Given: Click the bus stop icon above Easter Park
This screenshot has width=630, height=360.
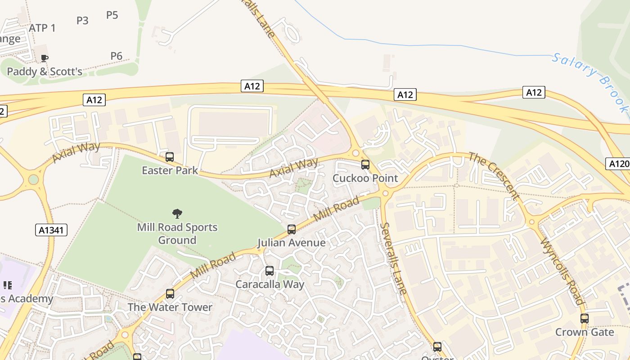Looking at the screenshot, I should pos(170,157).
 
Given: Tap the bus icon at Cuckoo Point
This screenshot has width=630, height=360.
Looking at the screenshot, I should pos(365,165).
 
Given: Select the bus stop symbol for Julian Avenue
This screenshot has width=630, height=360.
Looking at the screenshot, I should pos(292,229).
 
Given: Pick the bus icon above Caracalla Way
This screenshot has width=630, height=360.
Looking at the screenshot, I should pos(270,271).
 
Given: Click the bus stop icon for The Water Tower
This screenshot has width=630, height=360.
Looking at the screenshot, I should pos(170,294).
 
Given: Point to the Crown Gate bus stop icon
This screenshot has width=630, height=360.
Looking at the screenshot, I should pos(585,319).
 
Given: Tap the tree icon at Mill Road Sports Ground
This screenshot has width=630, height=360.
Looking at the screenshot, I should pos(177,213).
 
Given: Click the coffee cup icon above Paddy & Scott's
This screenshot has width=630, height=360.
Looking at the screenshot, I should pos(44,58).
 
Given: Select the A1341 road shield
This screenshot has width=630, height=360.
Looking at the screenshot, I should pos(51,230).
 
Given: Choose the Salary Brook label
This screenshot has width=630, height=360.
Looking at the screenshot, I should pos(589,81).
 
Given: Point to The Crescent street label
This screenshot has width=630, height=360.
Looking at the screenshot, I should pos(494,176).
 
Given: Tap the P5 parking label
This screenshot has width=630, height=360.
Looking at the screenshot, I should pos(112,15).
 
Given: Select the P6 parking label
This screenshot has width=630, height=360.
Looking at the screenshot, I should pos(117,56).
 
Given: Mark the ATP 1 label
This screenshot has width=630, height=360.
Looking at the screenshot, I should pos(42,28).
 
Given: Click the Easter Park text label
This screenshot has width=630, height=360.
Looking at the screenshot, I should pos(170,171).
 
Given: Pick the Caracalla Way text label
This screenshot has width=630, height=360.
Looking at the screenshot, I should pos(270,284).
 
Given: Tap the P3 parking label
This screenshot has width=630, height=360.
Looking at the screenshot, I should pos(82,20).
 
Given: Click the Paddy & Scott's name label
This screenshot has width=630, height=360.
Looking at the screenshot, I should pos(45,72).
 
